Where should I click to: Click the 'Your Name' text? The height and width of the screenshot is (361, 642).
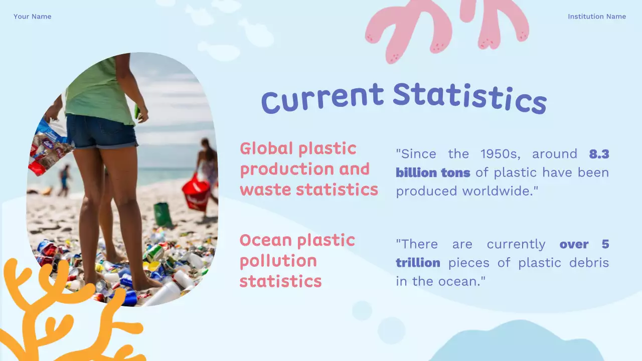point(32,17)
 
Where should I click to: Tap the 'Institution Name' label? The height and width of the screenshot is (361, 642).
point(596,17)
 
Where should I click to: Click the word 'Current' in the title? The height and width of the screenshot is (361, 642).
point(322,98)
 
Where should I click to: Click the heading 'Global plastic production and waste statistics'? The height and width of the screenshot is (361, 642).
point(308,169)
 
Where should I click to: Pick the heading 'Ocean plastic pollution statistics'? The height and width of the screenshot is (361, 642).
point(297,261)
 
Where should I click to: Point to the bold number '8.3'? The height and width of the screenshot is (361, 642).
point(599,154)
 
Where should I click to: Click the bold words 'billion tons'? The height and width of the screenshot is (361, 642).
point(433,173)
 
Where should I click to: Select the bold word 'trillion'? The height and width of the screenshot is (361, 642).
point(418,263)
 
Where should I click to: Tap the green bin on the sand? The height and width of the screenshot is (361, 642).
point(163,214)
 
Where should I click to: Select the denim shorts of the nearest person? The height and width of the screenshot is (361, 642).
point(102,131)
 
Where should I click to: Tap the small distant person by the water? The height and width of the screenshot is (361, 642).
point(64,180)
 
